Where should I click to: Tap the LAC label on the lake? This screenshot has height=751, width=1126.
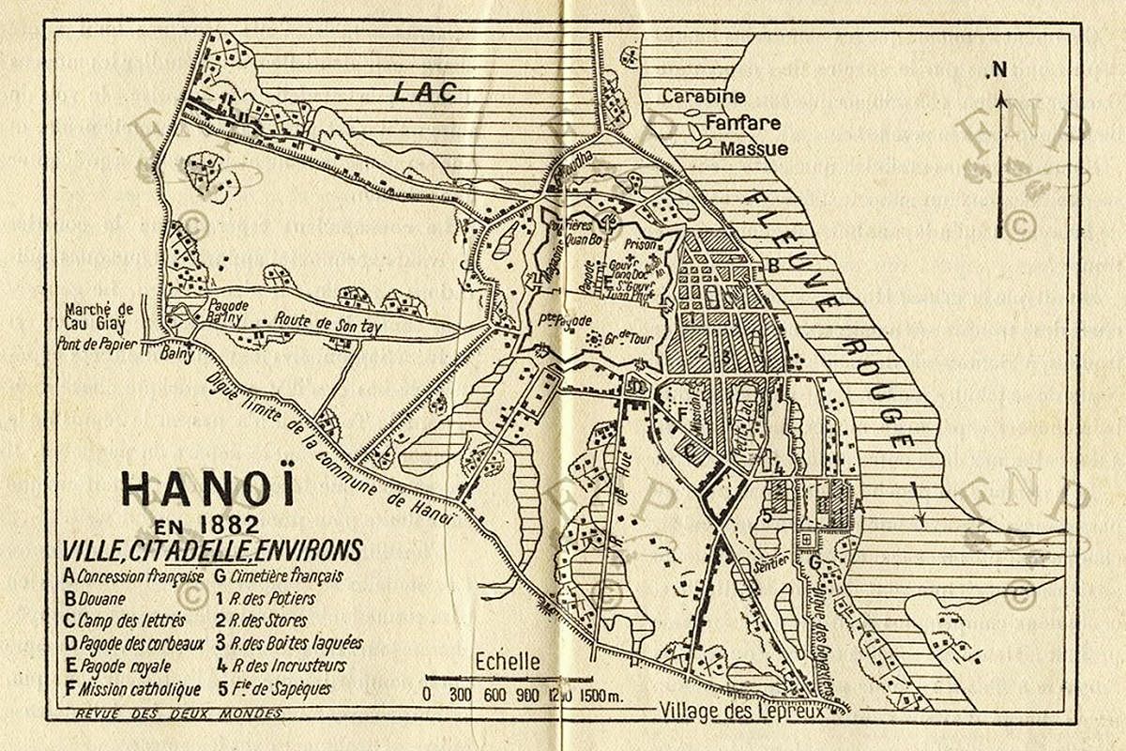pyautogui.click(x=424, y=91)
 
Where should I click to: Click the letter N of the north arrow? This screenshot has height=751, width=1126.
pyautogui.click(x=1000, y=69)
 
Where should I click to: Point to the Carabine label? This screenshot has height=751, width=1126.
pyautogui.click(x=703, y=97)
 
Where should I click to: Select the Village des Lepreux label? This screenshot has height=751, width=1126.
pyautogui.click(x=740, y=710)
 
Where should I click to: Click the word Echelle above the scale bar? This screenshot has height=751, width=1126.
pyautogui.click(x=508, y=660)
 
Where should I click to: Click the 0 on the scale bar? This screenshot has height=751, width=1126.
pyautogui.click(x=428, y=696)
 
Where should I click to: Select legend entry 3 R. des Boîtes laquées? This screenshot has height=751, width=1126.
pyautogui.click(x=288, y=644)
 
